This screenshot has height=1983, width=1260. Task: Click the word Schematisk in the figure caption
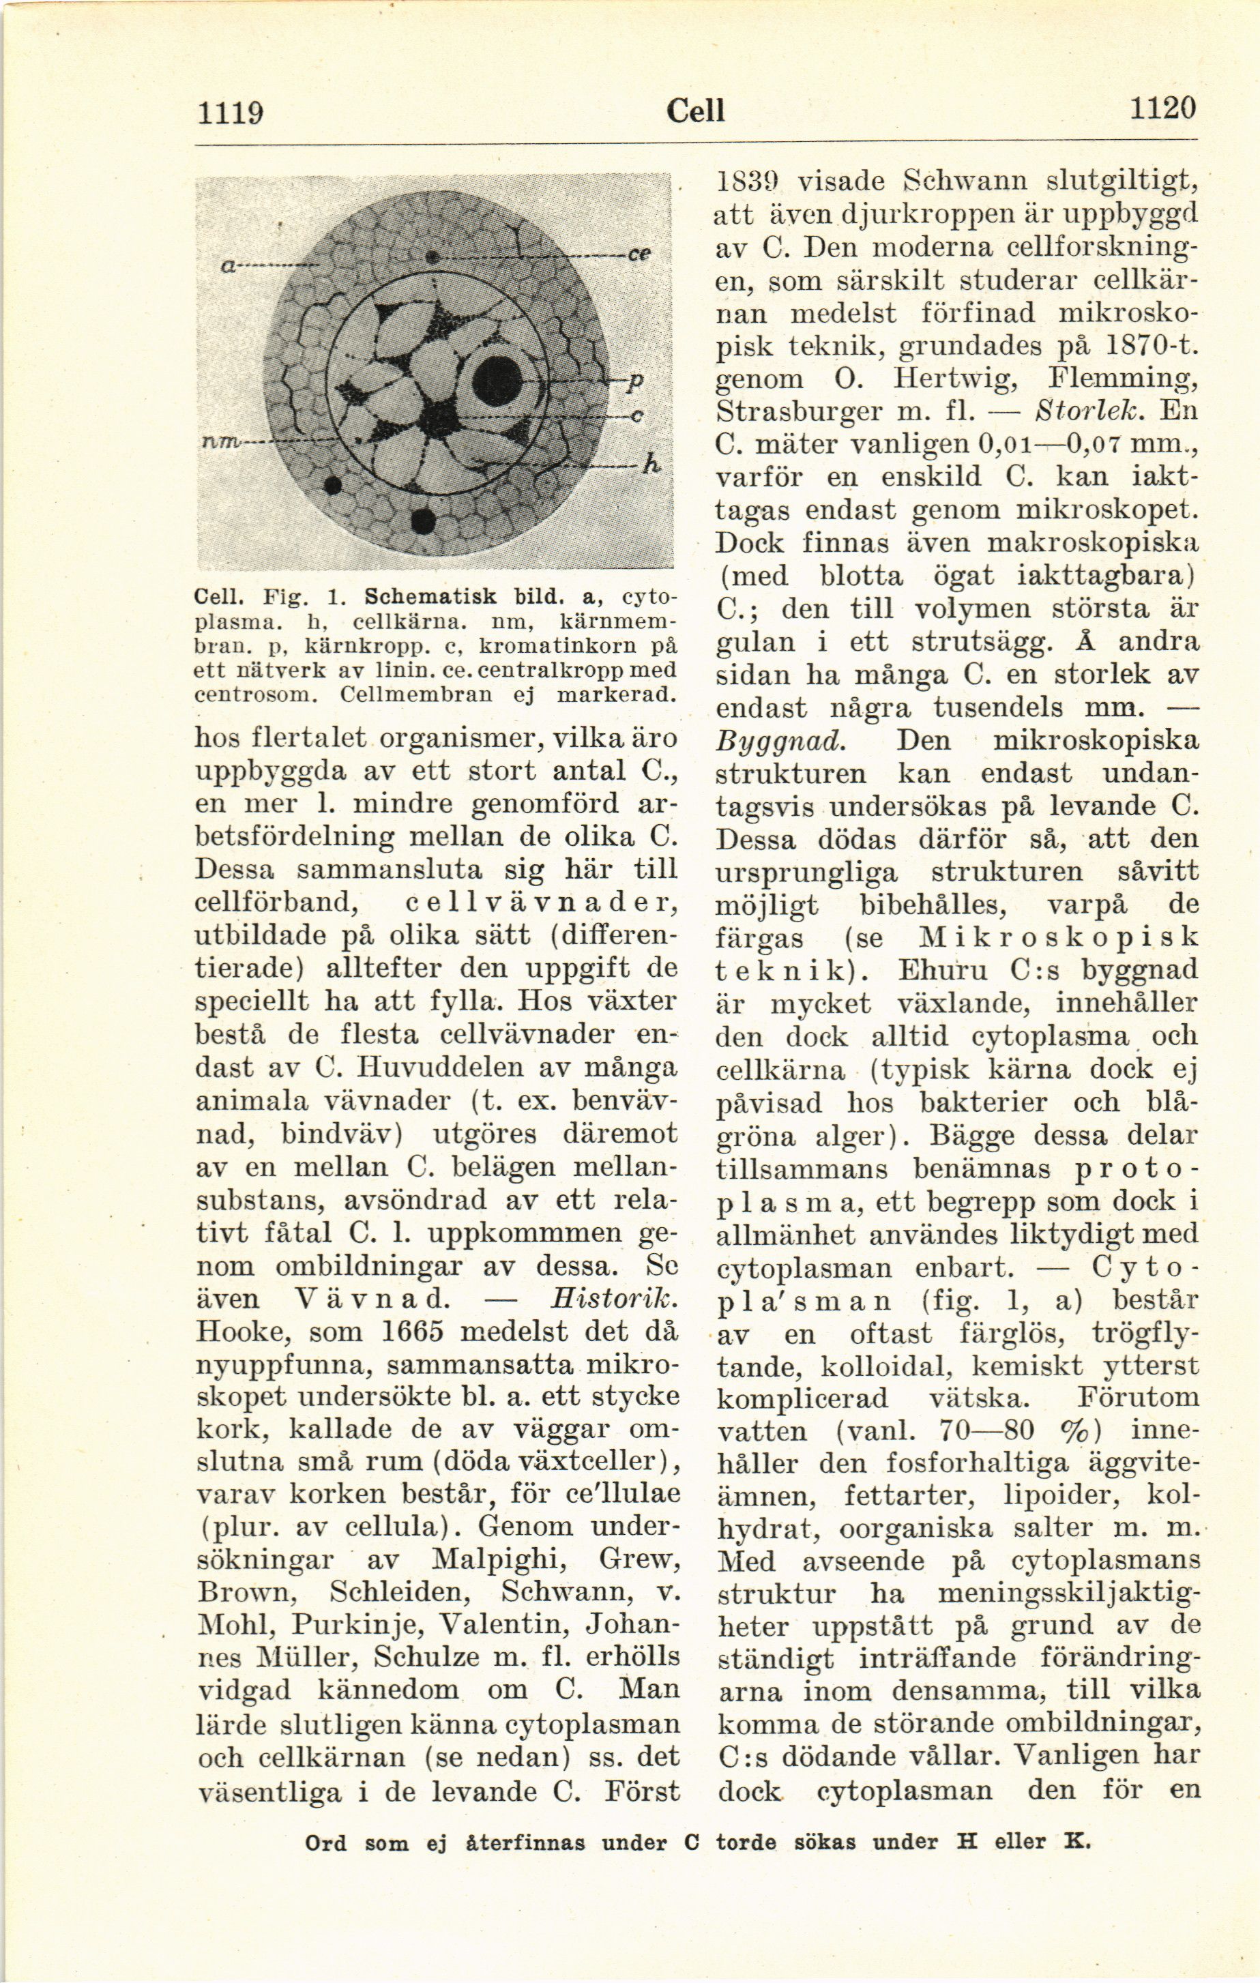(x=429, y=596)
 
